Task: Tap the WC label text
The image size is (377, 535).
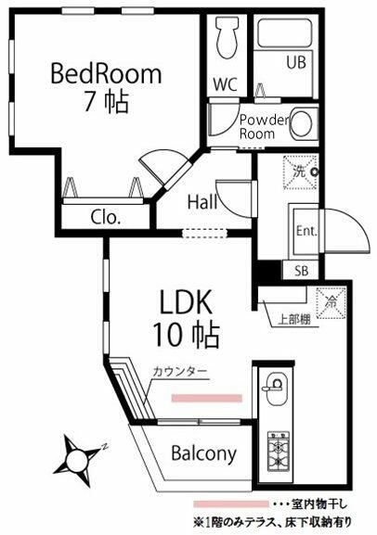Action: tap(226, 83)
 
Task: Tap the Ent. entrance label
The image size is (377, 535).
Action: tap(306, 231)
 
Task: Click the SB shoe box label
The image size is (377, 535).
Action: tap(302, 271)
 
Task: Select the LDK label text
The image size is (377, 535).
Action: tap(186, 303)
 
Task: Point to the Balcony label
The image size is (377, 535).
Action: tap(203, 454)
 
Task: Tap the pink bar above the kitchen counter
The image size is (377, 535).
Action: tap(206, 397)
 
